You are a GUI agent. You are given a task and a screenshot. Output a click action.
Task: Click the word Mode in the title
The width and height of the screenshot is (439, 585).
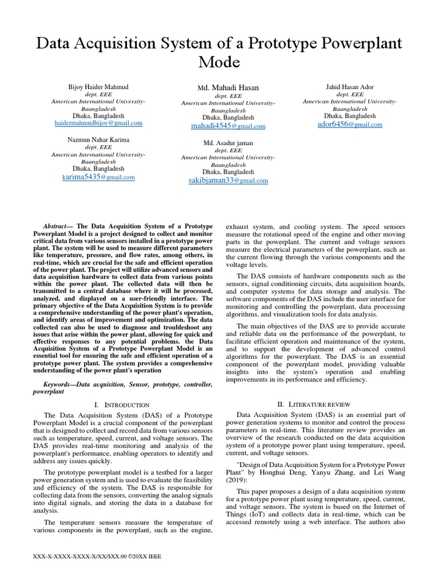[x=219, y=62]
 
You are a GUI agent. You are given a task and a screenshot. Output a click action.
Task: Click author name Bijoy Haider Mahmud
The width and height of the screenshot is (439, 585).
[x=98, y=87]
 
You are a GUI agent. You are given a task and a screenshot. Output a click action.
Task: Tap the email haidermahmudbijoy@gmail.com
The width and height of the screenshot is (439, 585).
[x=98, y=123]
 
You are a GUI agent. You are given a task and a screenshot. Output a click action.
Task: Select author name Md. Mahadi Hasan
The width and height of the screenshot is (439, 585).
[x=228, y=87]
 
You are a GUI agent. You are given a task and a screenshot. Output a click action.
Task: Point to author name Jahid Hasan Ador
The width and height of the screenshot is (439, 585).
[x=350, y=87]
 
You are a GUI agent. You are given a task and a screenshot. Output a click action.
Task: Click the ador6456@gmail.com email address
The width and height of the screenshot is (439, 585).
[x=350, y=124]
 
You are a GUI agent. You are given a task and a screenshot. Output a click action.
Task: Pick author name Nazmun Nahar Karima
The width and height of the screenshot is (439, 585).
[x=98, y=139]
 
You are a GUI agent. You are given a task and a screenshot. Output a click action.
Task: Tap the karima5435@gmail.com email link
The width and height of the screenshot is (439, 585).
[x=98, y=177]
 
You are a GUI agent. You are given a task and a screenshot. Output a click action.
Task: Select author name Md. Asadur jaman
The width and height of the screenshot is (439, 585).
[x=228, y=142]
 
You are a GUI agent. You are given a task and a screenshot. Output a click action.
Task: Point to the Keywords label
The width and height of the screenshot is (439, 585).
[x=60, y=385]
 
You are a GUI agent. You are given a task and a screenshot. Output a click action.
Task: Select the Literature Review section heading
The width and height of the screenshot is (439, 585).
[x=318, y=404]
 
